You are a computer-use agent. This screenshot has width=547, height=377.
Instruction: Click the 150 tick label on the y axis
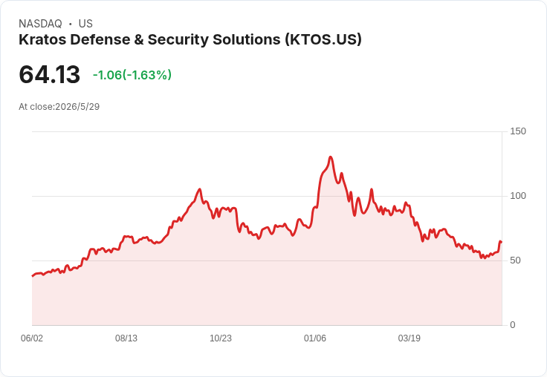coord(518,131)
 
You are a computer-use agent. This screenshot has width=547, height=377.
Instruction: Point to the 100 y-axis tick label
coord(518,196)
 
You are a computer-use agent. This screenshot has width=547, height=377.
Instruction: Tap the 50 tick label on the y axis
coord(515,260)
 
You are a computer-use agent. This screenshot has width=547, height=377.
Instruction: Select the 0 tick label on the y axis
coord(513,325)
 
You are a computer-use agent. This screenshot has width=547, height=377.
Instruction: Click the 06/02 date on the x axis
coord(32,338)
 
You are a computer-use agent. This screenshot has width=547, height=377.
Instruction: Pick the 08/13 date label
coord(126,338)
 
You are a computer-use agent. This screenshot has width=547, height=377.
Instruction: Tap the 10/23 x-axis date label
coord(221,338)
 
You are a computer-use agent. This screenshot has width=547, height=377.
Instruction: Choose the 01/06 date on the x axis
coord(315,338)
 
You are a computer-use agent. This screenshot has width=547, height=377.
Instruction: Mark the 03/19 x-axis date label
coord(410,338)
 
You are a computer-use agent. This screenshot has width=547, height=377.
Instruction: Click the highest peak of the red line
coord(331,157)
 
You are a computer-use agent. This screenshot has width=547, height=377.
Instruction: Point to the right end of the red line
coord(502,242)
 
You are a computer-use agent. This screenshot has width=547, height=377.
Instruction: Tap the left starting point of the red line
coord(33,276)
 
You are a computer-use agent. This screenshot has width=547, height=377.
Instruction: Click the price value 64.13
coord(50,74)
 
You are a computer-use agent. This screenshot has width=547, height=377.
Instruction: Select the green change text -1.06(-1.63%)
coord(132,75)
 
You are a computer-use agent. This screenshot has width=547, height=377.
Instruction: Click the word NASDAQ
coord(40,24)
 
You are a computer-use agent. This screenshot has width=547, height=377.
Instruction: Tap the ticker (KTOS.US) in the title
coord(323,40)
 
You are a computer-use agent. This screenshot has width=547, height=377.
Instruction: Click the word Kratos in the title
coord(42,39)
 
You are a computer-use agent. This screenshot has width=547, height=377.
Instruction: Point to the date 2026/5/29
coord(77,107)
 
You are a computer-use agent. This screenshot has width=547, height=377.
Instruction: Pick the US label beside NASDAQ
coord(85,24)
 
